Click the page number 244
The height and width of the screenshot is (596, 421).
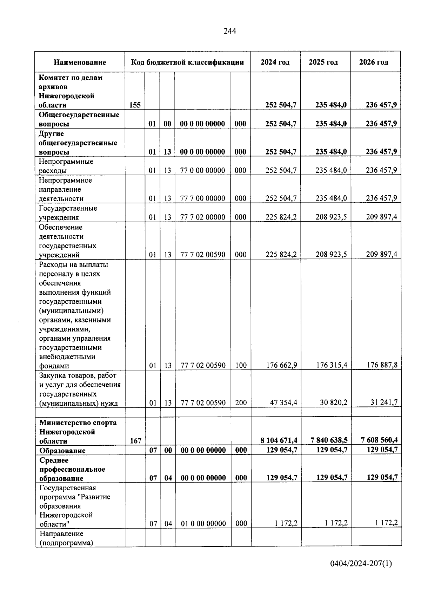(x=230, y=31)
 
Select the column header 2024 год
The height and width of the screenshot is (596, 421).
(x=275, y=62)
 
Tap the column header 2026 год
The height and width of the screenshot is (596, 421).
(x=374, y=62)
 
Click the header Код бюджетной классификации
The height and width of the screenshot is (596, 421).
(x=187, y=62)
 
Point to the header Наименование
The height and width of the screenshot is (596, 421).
(x=80, y=63)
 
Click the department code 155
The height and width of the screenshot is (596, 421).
(x=135, y=105)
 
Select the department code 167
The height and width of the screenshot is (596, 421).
(x=136, y=440)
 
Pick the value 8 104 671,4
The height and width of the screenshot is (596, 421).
(x=279, y=440)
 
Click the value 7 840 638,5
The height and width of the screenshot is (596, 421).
(x=329, y=440)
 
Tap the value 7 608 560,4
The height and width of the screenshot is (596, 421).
(x=379, y=440)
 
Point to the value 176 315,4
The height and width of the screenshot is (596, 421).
(x=331, y=365)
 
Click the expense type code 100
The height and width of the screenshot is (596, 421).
(x=241, y=365)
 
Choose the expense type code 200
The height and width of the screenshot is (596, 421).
(x=241, y=402)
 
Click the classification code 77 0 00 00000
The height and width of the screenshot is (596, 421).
(x=202, y=170)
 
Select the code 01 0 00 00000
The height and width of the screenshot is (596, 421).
(x=203, y=523)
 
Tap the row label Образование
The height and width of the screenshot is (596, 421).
(x=62, y=450)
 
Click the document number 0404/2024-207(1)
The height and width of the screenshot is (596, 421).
(x=361, y=564)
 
